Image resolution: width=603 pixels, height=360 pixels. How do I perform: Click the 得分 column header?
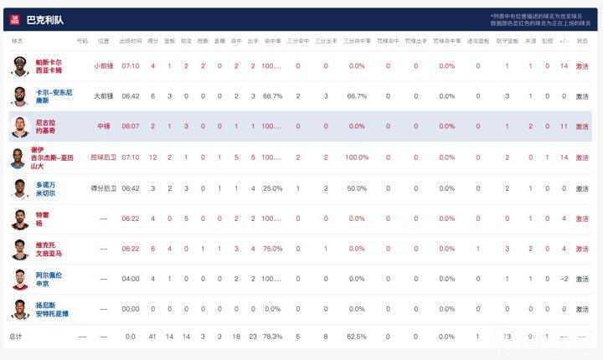153,40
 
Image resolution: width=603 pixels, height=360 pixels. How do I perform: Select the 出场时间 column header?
131,40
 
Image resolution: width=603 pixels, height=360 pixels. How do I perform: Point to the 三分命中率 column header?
357,40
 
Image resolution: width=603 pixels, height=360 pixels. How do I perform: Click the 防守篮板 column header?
508,40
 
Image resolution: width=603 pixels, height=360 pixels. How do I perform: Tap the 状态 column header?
582,40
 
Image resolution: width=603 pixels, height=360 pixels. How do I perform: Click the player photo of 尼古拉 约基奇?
20,126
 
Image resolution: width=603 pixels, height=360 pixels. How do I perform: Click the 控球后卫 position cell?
103,157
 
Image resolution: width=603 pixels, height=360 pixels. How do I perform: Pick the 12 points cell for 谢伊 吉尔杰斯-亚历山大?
153,157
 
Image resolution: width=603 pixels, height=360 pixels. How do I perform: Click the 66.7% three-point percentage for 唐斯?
357,96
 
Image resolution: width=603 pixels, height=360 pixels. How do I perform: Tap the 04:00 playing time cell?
131,279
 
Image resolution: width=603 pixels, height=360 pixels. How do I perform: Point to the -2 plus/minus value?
564,279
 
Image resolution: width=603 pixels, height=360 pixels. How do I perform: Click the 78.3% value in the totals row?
272,337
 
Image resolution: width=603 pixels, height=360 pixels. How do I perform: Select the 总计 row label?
16,337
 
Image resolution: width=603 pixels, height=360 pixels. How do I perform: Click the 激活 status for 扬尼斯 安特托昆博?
582,309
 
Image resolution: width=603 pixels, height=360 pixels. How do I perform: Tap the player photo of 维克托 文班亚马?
20,249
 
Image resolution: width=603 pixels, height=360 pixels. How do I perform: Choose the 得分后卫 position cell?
103,188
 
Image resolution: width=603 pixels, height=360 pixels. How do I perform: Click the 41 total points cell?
153,337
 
